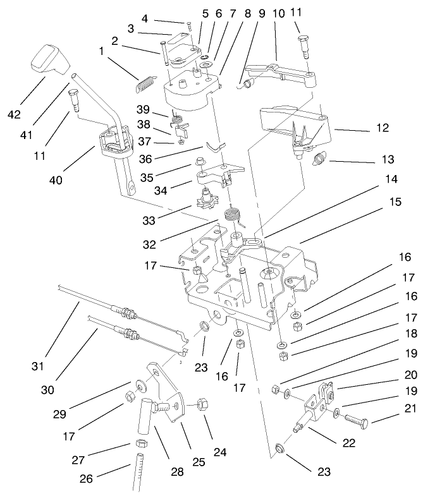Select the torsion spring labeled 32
(236, 215)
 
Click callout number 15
(395, 202)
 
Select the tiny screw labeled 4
(188, 23)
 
